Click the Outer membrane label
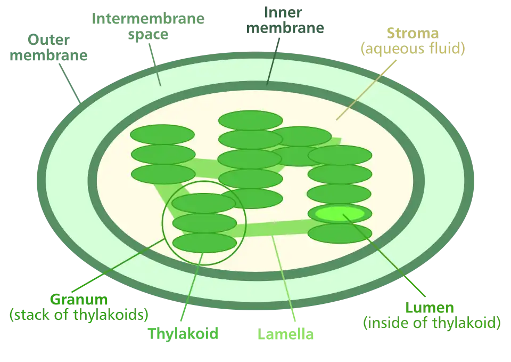click(48, 48)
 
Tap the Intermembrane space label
click(148, 26)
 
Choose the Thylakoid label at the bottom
click(184, 334)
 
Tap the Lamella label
click(285, 335)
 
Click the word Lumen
click(430, 308)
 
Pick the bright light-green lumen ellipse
click(340, 213)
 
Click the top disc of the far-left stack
click(162, 134)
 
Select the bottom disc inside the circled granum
click(204, 243)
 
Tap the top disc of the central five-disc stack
click(250, 120)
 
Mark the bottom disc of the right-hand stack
click(340, 233)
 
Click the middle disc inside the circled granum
click(204, 223)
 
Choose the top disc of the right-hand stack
click(340, 155)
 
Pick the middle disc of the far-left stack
click(163, 154)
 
